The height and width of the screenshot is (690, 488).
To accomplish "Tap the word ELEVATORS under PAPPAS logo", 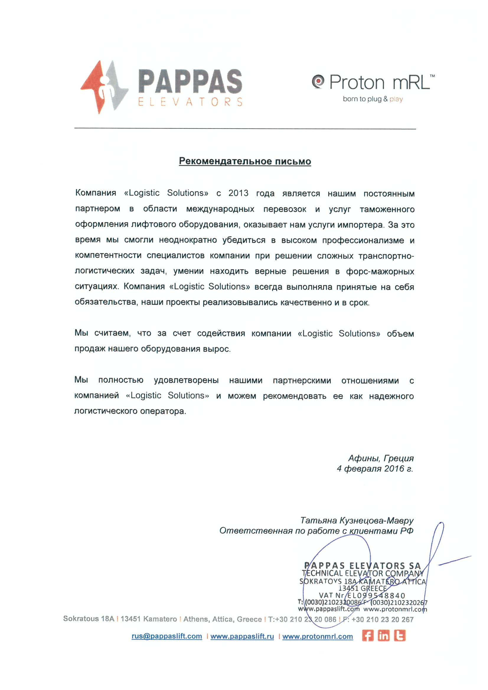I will [x=190, y=102].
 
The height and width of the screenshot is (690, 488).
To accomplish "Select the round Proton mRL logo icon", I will [x=318, y=81].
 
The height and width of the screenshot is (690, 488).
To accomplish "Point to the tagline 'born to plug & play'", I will [x=373, y=99].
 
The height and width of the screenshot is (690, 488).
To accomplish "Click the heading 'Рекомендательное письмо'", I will [x=245, y=161].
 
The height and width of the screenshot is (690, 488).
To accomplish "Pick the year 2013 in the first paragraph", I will [x=238, y=193].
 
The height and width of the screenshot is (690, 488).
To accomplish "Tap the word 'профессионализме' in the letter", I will [x=363, y=240].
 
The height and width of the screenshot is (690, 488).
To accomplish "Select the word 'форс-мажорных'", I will [x=380, y=271].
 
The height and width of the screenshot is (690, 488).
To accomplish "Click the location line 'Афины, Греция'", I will [x=381, y=458].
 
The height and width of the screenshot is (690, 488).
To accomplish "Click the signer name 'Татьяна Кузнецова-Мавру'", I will [x=357, y=520].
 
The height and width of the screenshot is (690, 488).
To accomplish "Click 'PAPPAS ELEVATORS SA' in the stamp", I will [x=362, y=565].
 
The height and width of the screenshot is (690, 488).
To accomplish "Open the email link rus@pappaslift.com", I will [x=167, y=636].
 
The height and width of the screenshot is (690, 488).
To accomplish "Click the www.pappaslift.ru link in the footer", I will [x=242, y=636].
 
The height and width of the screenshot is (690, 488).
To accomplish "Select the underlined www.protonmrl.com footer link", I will [x=318, y=636].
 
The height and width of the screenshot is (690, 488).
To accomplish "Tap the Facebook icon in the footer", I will [x=368, y=636].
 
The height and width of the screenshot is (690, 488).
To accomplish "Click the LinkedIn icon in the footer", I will [x=383, y=636].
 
